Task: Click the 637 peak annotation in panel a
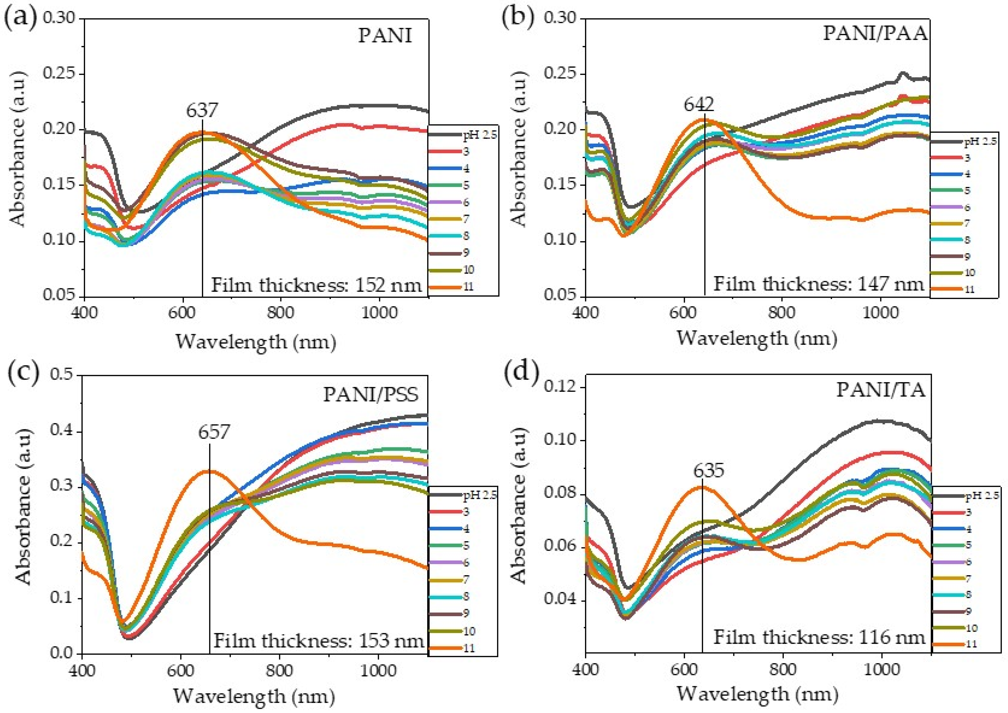pyautogui.click(x=202, y=110)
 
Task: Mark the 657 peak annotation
pyautogui.click(x=214, y=432)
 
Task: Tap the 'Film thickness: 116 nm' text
pyautogui.click(x=819, y=637)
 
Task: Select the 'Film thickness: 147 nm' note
pyautogui.click(x=819, y=284)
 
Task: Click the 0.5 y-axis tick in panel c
pyautogui.click(x=63, y=376)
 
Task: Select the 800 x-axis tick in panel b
pyautogui.click(x=782, y=313)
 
